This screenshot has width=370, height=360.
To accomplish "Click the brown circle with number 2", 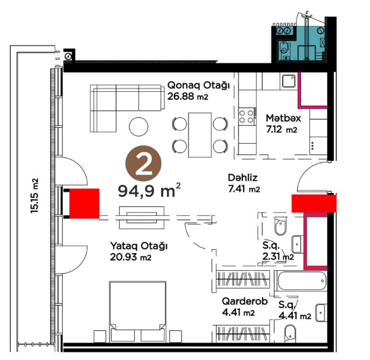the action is point(143,163).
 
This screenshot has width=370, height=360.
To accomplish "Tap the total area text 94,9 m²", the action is point(149,190).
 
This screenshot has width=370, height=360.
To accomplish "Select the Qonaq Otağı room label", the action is point(199,85).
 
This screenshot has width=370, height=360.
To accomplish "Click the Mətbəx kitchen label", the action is point(283,118).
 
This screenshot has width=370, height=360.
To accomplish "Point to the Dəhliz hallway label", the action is point(243,178).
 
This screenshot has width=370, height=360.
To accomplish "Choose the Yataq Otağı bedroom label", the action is point(139,246).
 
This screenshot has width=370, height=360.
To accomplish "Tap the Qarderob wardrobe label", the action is point(245,301).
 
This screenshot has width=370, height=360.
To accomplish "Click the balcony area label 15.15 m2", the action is point(34,196).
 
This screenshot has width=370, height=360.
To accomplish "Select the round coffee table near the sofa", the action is point(139,127).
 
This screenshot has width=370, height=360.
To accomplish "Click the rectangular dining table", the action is point(200,135).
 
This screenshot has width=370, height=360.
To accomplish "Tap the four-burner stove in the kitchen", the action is point(247,116).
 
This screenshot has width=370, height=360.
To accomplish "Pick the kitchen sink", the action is point(288,81).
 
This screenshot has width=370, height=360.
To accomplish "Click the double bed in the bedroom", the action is point(138,312).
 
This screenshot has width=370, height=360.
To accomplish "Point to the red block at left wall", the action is point(84,204).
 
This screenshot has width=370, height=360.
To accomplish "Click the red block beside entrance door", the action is point(314,203).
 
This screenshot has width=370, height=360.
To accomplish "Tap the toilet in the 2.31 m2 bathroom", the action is point(280,226).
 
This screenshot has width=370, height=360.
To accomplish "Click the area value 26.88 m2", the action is point(188,96).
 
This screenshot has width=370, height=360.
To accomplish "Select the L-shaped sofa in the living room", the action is point(127,108).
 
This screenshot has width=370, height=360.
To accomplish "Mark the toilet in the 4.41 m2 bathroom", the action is point(290,334).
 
